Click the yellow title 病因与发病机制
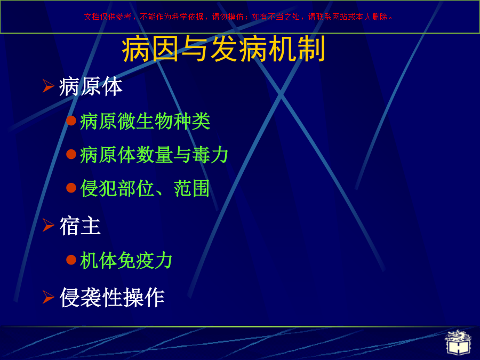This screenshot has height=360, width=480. click(223, 49)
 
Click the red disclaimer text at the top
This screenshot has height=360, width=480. click(238, 17)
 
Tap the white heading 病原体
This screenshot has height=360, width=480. click(91, 86)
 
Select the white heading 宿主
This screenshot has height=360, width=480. click(80, 226)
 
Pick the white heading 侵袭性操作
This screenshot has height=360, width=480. click(112, 297)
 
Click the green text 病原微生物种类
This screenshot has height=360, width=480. click(145, 121)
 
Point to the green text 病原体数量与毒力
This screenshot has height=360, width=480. click(154, 155)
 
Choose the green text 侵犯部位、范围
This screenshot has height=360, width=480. click(145, 188)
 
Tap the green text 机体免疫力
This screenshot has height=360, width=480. click(126, 260)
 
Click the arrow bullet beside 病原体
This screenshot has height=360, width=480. click(48, 86)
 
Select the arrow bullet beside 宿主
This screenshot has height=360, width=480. click(48, 225)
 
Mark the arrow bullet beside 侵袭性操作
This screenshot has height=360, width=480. click(48, 297)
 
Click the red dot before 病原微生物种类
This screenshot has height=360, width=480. click(71, 121)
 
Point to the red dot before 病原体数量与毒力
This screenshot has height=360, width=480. click(71, 154)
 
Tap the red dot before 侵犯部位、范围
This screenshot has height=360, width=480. click(71, 188)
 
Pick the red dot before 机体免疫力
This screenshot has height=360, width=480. click(71, 260)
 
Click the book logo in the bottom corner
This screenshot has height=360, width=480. click(458, 342)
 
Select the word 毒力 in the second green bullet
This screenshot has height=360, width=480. click(210, 155)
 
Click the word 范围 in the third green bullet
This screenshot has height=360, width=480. click(191, 188)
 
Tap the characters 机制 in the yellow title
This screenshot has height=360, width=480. click(297, 49)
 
